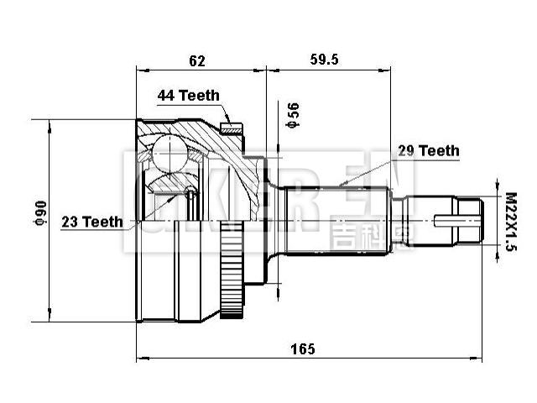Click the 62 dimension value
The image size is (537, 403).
pos(197,60)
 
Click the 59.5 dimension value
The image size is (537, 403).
pos(324,60)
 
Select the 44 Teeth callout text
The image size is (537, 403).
pos(188,96)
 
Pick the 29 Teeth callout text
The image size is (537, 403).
pos(428,151)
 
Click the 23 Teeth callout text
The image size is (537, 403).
pos(91,222)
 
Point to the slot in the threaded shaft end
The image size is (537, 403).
pos(453,222)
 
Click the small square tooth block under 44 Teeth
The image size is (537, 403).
pos(230,128)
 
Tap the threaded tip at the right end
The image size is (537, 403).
pos(475,221)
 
